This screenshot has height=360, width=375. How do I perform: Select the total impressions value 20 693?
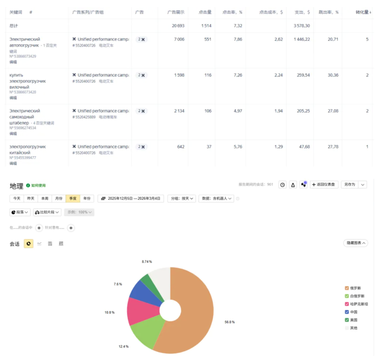(178, 26)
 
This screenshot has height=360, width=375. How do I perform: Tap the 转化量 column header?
(363, 12)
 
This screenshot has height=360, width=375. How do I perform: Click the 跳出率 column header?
(328, 12)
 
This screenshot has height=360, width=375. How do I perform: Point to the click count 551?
(208, 40)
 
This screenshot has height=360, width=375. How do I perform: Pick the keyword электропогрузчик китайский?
(27, 150)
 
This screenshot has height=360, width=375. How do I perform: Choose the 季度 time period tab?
(73, 199)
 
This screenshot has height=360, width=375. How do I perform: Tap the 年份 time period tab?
(87, 199)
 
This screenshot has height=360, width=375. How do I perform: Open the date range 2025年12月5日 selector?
(131, 199)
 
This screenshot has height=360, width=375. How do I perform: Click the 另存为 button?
(350, 185)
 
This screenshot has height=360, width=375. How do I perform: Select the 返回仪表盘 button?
(324, 185)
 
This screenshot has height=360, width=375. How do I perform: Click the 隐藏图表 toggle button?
(356, 243)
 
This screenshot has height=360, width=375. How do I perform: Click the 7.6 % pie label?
(118, 284)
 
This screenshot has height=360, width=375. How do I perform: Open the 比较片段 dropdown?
(47, 212)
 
